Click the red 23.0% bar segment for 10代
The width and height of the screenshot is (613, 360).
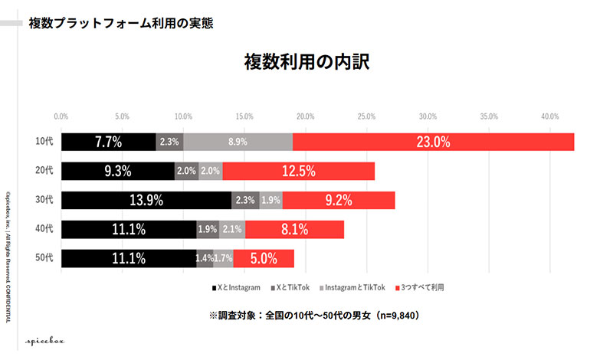[433, 142]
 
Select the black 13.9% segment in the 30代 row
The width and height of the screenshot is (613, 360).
[146, 200]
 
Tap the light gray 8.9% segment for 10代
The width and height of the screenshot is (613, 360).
[238, 142]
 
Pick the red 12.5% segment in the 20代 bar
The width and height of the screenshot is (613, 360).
[299, 171]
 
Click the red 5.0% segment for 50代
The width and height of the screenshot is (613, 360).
[264, 258]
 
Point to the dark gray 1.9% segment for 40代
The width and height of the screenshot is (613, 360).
[208, 229]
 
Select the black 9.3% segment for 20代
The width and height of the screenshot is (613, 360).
[118, 171]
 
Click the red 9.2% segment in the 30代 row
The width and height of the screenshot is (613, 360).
[339, 200]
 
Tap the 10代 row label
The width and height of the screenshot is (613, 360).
[44, 141]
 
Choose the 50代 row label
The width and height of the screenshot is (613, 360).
[44, 257]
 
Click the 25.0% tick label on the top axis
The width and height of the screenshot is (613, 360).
[366, 116]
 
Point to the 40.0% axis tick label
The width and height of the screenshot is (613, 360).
[549, 116]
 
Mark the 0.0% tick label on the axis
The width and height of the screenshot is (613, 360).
[61, 116]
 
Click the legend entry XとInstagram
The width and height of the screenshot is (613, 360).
[236, 288]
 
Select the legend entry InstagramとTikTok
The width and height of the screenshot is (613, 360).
[352, 288]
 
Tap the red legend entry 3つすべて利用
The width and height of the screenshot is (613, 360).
[419, 288]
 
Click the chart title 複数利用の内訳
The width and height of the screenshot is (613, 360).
[307, 62]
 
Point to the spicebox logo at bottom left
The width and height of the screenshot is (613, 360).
[44, 342]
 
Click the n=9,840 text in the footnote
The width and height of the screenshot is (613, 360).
[398, 316]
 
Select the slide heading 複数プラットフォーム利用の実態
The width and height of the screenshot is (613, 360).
[121, 24]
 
